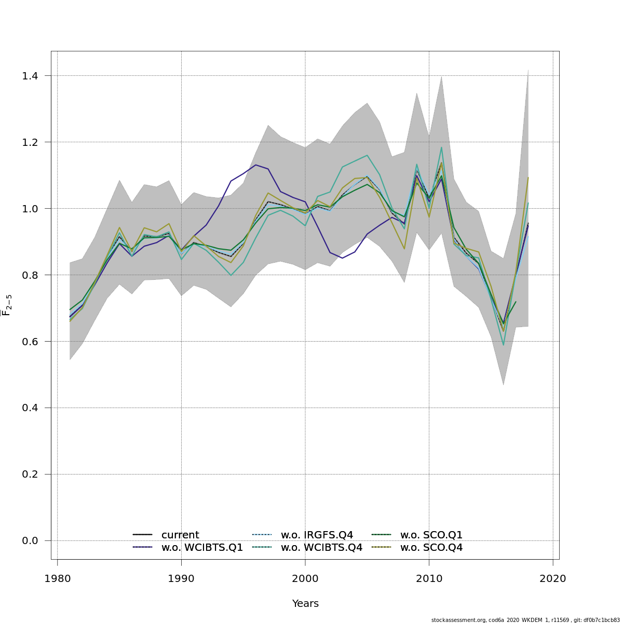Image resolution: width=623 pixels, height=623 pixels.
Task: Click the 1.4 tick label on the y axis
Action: [x=31, y=76]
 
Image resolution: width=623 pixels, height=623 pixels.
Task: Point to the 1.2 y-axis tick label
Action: [x=31, y=142]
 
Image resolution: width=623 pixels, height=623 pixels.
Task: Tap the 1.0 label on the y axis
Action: [x=31, y=209]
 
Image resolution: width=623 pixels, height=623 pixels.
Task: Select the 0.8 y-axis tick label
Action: [x=31, y=275]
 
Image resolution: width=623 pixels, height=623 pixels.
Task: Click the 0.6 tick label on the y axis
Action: [x=31, y=342]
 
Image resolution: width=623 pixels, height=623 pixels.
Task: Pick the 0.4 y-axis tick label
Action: [x=31, y=408]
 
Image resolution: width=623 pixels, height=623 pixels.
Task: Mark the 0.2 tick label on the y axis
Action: [x=31, y=475]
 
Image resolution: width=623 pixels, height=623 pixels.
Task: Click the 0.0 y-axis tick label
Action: [x=31, y=541]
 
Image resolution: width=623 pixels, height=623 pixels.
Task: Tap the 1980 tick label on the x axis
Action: [x=57, y=578]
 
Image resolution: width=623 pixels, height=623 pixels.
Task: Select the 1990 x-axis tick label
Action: [x=181, y=578]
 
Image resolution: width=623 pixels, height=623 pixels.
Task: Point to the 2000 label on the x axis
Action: [x=305, y=578]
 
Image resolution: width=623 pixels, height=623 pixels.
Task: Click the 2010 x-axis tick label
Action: [x=429, y=578]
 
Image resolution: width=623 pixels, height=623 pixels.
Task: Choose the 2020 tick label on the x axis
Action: [x=553, y=578]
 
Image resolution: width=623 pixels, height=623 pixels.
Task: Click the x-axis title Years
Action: [x=305, y=604]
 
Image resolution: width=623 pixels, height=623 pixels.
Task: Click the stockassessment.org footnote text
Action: [x=525, y=620]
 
